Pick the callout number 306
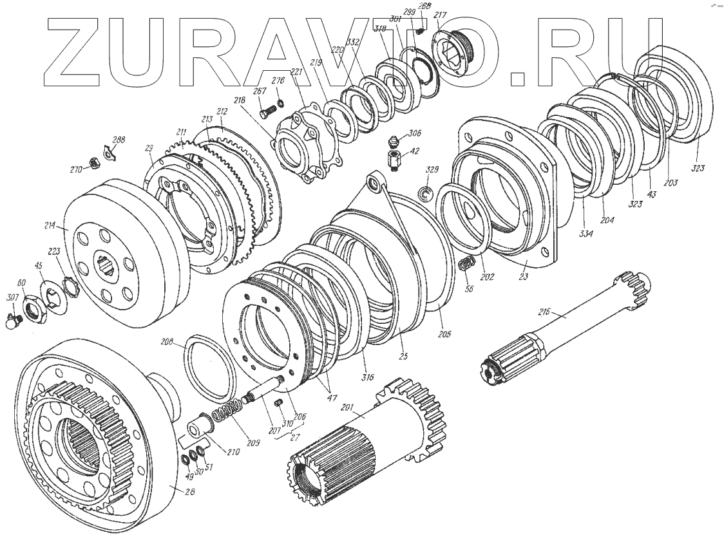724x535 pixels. [415, 133]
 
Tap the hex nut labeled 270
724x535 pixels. [93, 162]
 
